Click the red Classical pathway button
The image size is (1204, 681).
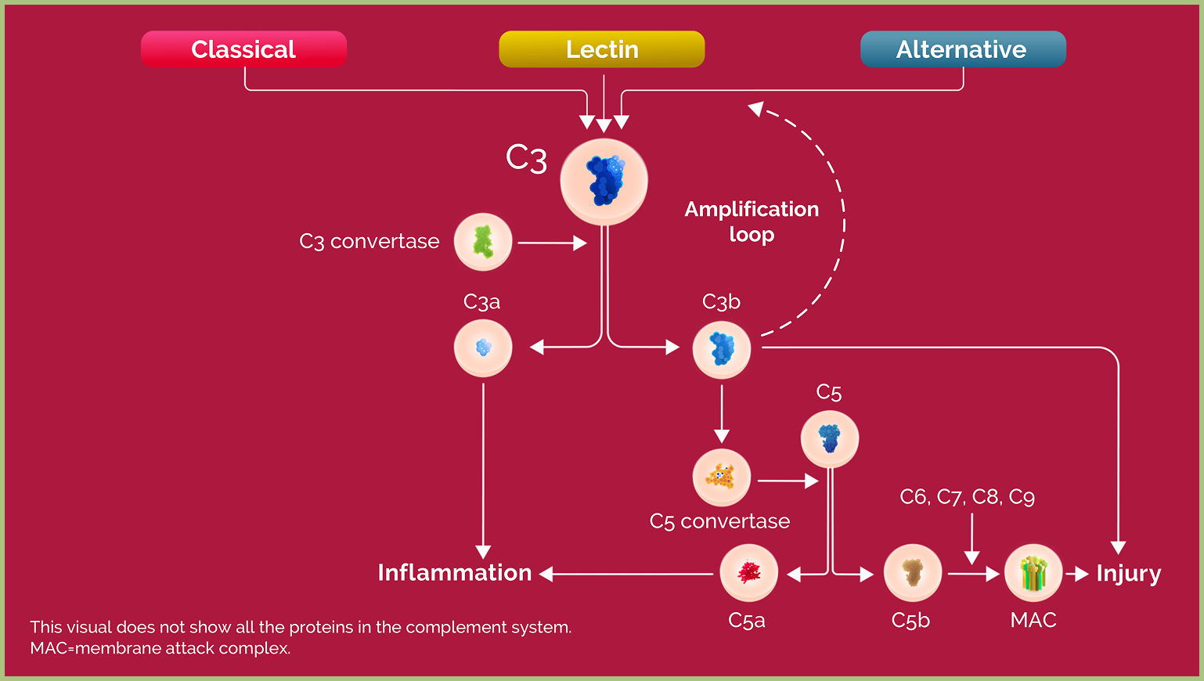click(x=243, y=49)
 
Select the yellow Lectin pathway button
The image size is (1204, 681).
click(x=602, y=49)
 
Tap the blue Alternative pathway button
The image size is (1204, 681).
click(x=962, y=49)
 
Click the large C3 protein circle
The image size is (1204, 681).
click(x=604, y=182)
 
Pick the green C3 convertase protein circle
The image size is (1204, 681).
click(x=483, y=242)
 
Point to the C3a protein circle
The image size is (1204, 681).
click(x=483, y=348)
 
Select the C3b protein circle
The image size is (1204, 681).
click(x=721, y=349)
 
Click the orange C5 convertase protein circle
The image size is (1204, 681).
click(x=721, y=477)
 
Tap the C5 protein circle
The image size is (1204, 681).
click(x=829, y=438)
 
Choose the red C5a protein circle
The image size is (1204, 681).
click(x=748, y=573)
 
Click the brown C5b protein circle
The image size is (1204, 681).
click(x=912, y=573)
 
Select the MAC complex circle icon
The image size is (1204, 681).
click(x=1033, y=573)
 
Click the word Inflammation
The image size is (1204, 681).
click(x=454, y=573)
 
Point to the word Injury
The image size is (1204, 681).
click(x=1128, y=573)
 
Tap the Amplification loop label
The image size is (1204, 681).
click(x=752, y=222)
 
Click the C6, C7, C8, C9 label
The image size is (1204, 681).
click(x=967, y=497)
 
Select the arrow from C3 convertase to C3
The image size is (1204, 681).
click(x=551, y=243)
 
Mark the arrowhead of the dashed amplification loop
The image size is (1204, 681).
click(x=755, y=108)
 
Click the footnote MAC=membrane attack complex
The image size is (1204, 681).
click(x=160, y=648)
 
